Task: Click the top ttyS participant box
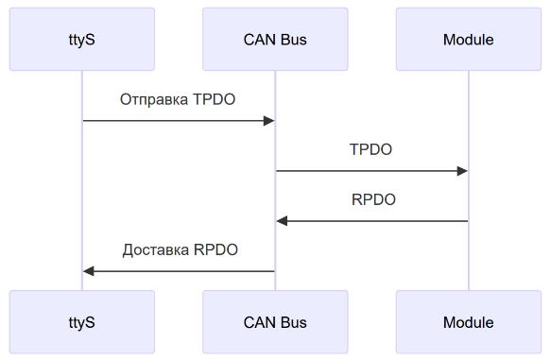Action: click(x=81, y=40)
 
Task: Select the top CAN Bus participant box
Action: click(x=275, y=40)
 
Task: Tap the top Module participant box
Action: click(x=468, y=40)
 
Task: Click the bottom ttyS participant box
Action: click(x=81, y=322)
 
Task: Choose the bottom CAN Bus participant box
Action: click(x=275, y=322)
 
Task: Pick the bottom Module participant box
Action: click(x=468, y=322)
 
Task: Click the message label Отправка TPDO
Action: click(x=178, y=99)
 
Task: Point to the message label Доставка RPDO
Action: click(x=180, y=250)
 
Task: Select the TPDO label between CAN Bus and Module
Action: click(x=370, y=149)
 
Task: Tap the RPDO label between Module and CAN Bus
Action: click(x=373, y=199)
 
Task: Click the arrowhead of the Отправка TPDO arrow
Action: click(x=268, y=121)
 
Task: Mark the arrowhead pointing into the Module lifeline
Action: click(x=462, y=171)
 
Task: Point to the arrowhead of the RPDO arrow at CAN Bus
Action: click(x=282, y=221)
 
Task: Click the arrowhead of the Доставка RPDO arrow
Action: click(x=89, y=271)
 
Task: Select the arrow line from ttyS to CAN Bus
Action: click(x=170, y=121)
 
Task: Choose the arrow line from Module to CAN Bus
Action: click(x=378, y=221)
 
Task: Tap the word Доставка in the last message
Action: click(x=156, y=250)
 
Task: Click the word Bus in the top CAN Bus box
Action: click(x=293, y=40)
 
